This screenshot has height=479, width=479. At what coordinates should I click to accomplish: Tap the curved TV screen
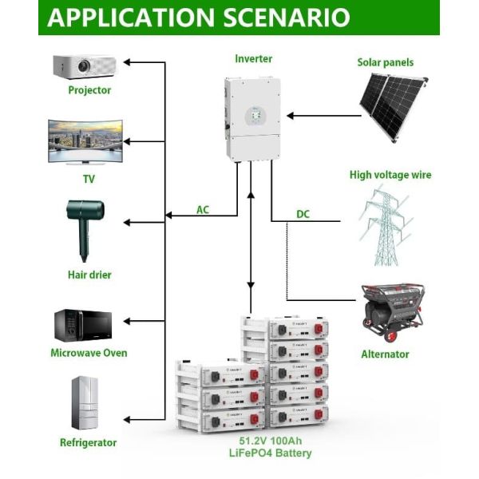coord(85,141)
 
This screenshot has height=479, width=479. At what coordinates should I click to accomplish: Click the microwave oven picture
coord(83,325)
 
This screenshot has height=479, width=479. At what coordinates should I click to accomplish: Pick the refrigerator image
coord(85,403)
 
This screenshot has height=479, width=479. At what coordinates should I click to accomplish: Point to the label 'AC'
coord(204,210)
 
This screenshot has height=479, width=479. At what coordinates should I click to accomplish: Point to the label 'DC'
coord(303,214)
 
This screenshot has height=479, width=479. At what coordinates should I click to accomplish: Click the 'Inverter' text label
coord(253,59)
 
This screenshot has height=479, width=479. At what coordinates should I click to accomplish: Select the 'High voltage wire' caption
coord(390,174)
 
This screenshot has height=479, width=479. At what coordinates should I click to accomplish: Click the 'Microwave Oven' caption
coord(89,353)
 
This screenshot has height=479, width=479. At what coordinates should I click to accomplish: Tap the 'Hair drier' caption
coord(89,275)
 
